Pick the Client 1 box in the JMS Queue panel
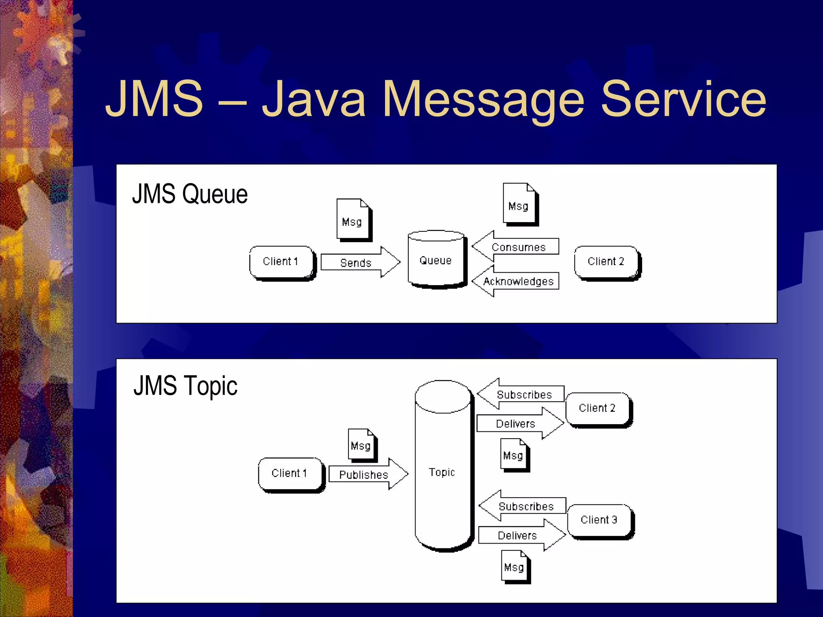(x=281, y=262)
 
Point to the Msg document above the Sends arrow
(x=353, y=220)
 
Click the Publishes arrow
(x=365, y=474)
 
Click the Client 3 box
(x=599, y=520)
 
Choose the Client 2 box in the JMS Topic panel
(x=598, y=409)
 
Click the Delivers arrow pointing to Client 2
(x=518, y=424)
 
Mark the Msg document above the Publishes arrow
(x=362, y=445)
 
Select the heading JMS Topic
(x=185, y=386)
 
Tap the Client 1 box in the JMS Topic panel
(x=290, y=474)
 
